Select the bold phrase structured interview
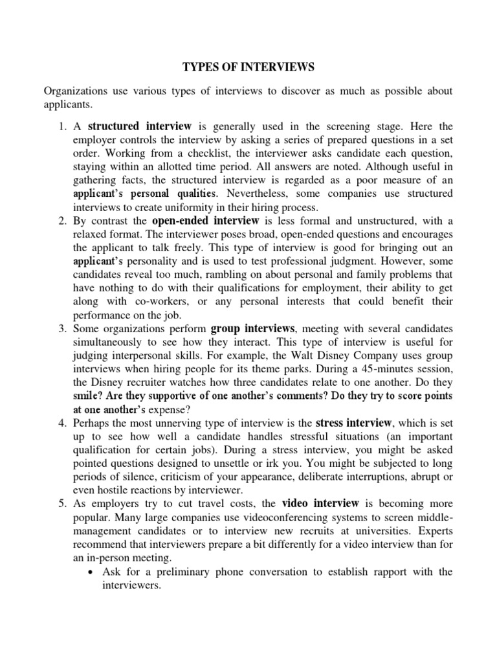(140, 126)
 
